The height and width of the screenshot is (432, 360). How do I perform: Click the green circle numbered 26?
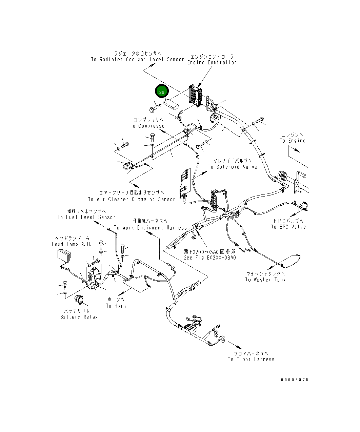click(x=162, y=92)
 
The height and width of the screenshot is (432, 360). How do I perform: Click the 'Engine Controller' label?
click(x=212, y=62)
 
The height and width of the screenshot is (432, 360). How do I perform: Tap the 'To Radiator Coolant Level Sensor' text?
click(x=137, y=59)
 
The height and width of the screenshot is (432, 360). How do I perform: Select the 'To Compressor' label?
click(x=148, y=126)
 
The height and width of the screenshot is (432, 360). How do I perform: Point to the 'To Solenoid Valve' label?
click(x=232, y=167)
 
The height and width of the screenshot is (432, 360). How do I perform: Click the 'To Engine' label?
click(x=292, y=141)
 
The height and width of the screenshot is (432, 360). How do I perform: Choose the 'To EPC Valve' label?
click(x=288, y=227)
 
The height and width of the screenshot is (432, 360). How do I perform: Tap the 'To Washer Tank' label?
click(x=265, y=280)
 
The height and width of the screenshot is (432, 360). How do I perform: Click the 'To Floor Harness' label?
click(x=251, y=359)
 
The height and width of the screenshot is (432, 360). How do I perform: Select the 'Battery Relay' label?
click(x=79, y=317)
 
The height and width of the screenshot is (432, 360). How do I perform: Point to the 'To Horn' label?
click(x=116, y=306)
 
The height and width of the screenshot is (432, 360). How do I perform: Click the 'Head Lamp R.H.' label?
click(x=71, y=244)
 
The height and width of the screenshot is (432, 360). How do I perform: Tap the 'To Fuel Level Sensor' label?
click(x=86, y=217)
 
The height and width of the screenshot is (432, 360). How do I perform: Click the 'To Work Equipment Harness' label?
click(x=150, y=228)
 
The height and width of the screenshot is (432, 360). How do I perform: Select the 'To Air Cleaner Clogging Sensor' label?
click(x=131, y=199)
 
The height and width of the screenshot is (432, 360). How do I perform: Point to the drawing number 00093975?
click(x=295, y=380)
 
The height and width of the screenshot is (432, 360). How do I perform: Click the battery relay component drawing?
click(x=79, y=300)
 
